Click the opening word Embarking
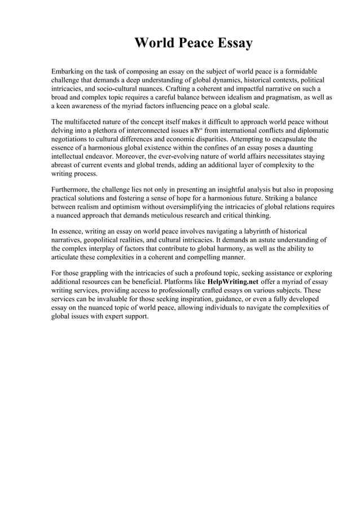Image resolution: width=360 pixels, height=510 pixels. (70, 72)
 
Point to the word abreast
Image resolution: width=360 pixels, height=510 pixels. (64, 164)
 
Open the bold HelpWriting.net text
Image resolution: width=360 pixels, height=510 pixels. (234, 281)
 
